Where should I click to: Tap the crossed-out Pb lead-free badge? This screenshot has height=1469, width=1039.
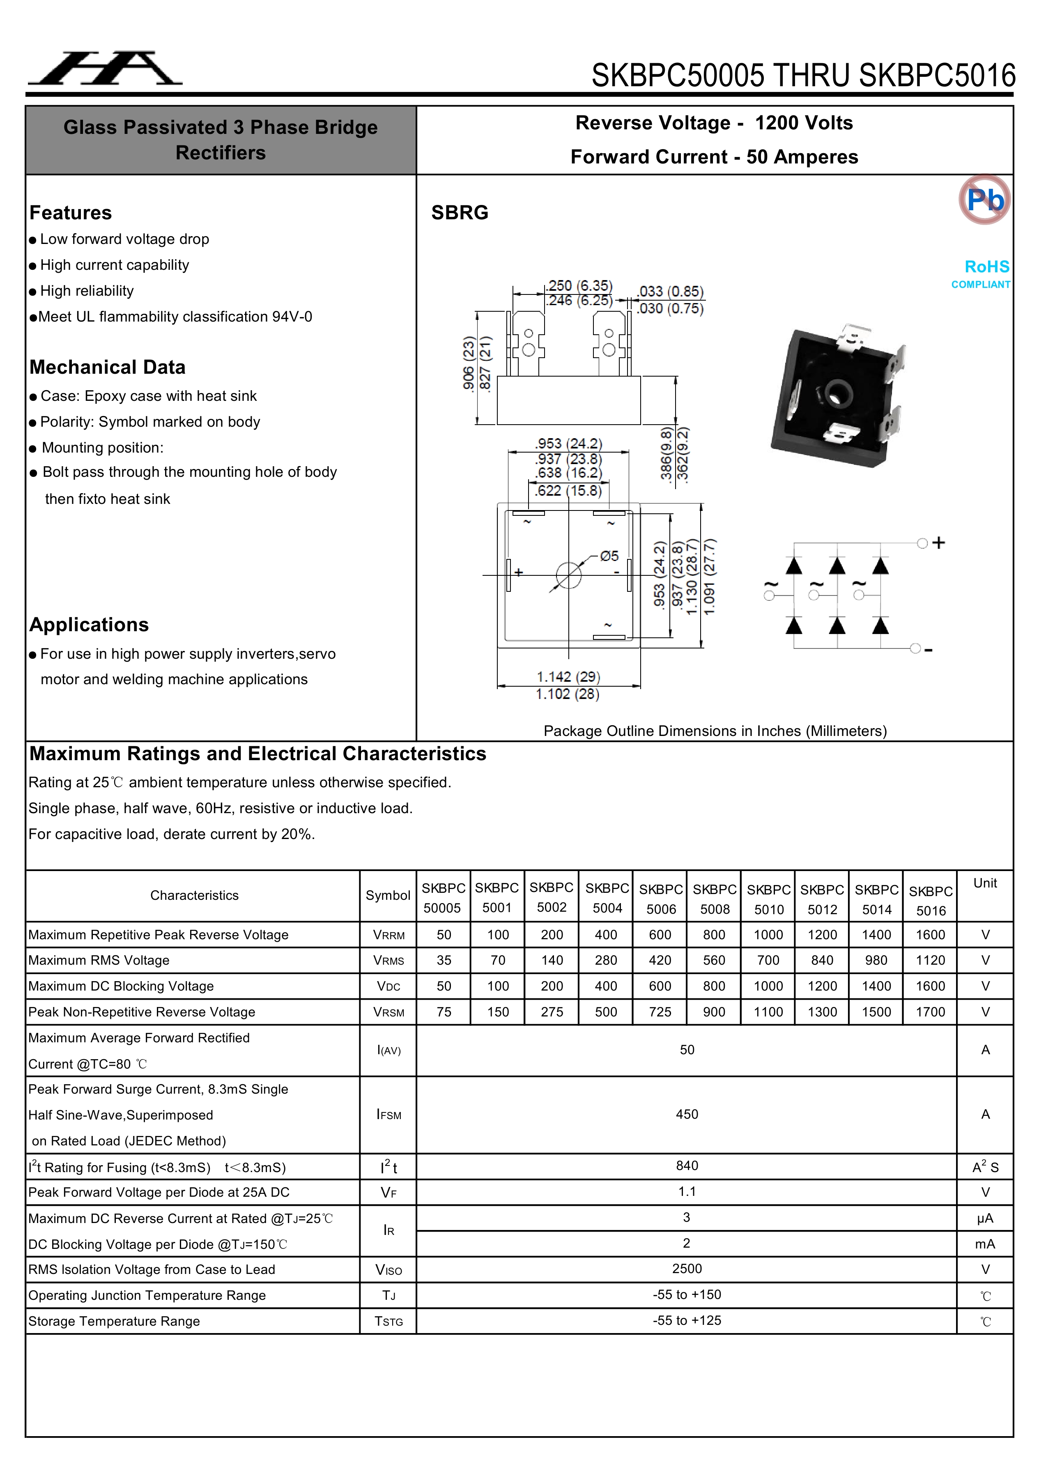984,200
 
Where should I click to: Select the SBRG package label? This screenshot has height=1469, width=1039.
460,212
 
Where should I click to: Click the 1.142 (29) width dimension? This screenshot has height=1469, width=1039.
568,676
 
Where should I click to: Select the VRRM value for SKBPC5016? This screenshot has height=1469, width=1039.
930,935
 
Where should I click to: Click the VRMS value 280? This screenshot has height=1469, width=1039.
606,960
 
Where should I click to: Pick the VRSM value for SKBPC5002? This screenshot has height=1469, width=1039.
552,1012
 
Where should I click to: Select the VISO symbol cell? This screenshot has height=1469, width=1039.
388,1269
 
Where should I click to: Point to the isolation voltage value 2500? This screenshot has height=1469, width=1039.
687,1268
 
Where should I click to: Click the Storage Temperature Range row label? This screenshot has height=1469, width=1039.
114,1321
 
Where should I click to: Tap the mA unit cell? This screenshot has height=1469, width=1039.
985,1244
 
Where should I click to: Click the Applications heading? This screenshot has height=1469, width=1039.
89,625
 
